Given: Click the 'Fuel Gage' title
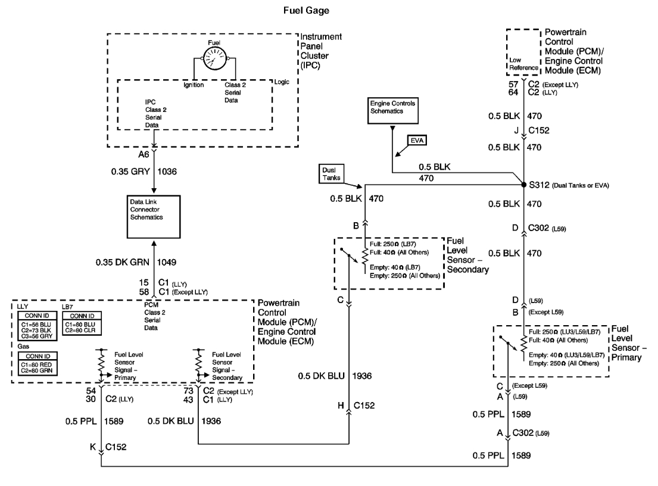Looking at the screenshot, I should click(x=329, y=10).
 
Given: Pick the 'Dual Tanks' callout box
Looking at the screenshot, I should click(x=330, y=173).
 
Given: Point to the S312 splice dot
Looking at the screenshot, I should click(x=523, y=185).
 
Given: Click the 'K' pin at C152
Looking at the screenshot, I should click(x=93, y=445).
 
